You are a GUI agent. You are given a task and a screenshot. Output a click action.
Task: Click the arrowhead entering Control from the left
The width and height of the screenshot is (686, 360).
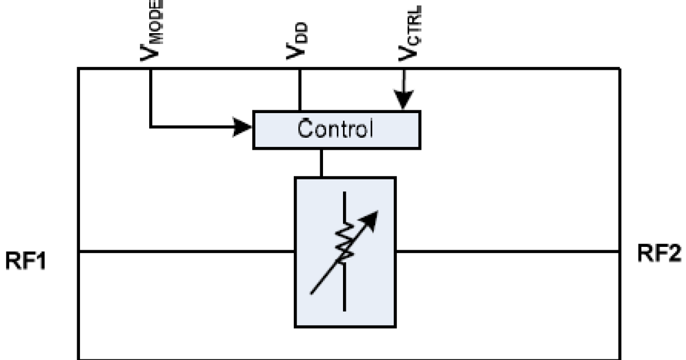tap(245, 126)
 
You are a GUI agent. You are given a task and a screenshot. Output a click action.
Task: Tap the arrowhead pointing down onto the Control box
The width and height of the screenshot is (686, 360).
tap(404, 102)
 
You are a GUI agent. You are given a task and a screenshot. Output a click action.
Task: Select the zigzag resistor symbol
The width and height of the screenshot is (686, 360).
tap(345, 242)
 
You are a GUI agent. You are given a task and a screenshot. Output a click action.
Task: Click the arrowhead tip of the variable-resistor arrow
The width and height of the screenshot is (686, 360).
tap(374, 215)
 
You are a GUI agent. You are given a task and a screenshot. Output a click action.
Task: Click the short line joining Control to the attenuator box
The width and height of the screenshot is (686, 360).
tap(321, 163)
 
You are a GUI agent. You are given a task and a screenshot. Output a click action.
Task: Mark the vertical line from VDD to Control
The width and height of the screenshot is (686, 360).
tap(299, 89)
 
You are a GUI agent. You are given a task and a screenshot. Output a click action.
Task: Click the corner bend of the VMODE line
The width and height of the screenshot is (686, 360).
tap(151, 126)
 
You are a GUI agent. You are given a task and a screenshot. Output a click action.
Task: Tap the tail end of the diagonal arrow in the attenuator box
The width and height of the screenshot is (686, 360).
tap(312, 293)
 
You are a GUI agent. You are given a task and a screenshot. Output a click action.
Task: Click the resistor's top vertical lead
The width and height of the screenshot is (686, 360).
tap(345, 206)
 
